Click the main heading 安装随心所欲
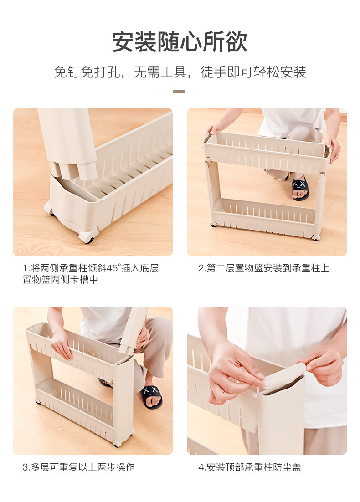(x=180, y=42)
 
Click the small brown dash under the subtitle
(x=179, y=92)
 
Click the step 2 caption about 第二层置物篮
(x=263, y=268)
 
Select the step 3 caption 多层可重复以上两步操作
(x=78, y=467)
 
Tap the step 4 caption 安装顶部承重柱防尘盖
(x=249, y=467)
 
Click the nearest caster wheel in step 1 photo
(x=88, y=236)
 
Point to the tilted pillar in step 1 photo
(x=68, y=141)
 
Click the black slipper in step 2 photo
(x=300, y=188)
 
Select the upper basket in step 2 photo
(x=267, y=153)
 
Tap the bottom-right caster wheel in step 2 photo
(x=315, y=237)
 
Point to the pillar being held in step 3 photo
(x=133, y=330)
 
